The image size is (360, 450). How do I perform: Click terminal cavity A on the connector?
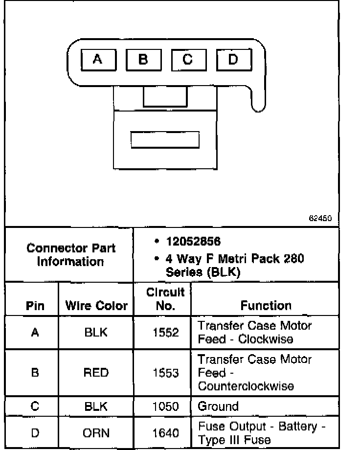[98, 60]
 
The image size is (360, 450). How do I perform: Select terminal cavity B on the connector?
[143, 60]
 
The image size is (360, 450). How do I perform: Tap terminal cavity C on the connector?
[188, 60]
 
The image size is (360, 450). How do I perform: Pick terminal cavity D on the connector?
[233, 60]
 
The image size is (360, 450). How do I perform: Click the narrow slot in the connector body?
[165, 139]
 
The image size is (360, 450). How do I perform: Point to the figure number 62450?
[320, 219]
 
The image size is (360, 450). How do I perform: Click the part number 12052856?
[193, 242]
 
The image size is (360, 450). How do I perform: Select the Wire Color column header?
[96, 307]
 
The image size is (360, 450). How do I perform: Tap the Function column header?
[266, 306]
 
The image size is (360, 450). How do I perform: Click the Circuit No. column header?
[165, 299]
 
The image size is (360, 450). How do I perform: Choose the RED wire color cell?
[96, 373]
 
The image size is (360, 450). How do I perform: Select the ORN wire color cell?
[96, 433]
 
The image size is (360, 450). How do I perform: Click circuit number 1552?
[165, 333]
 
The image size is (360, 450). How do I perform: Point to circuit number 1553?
[165, 373]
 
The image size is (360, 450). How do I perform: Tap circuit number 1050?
[165, 406]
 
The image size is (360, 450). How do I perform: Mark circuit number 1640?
[165, 433]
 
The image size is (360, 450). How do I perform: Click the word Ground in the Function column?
[218, 406]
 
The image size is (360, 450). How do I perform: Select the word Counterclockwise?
[246, 386]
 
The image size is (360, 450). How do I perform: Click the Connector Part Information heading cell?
[71, 254]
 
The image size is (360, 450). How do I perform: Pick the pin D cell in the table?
[35, 433]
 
